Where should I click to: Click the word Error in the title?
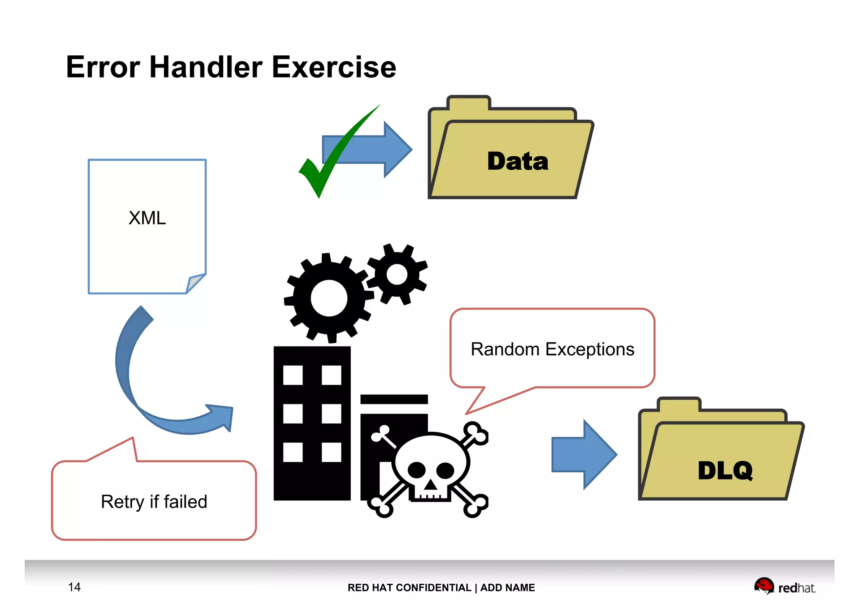103,67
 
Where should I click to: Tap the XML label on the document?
147,218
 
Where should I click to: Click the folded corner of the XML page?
194,284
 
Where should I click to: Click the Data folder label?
518,162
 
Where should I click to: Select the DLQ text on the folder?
725,471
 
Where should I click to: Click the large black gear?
329,298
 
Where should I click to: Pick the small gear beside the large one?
397,275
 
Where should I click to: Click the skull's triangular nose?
430,485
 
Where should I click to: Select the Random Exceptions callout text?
552,349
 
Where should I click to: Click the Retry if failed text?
154,502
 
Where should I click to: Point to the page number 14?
74,587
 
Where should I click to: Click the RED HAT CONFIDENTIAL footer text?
409,588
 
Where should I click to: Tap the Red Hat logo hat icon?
764,585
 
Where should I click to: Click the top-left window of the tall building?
293,375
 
